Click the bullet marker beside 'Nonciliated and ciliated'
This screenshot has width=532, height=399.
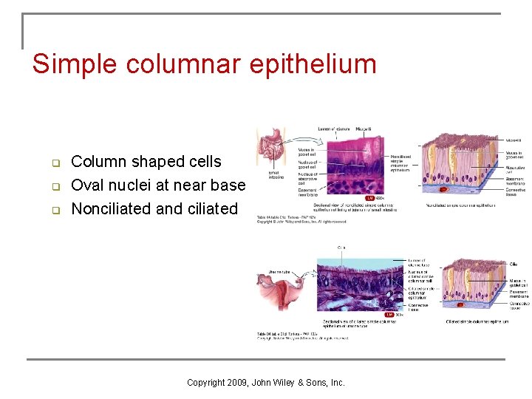click(x=54, y=210)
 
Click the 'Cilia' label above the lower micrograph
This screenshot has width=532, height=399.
click(x=341, y=248)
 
